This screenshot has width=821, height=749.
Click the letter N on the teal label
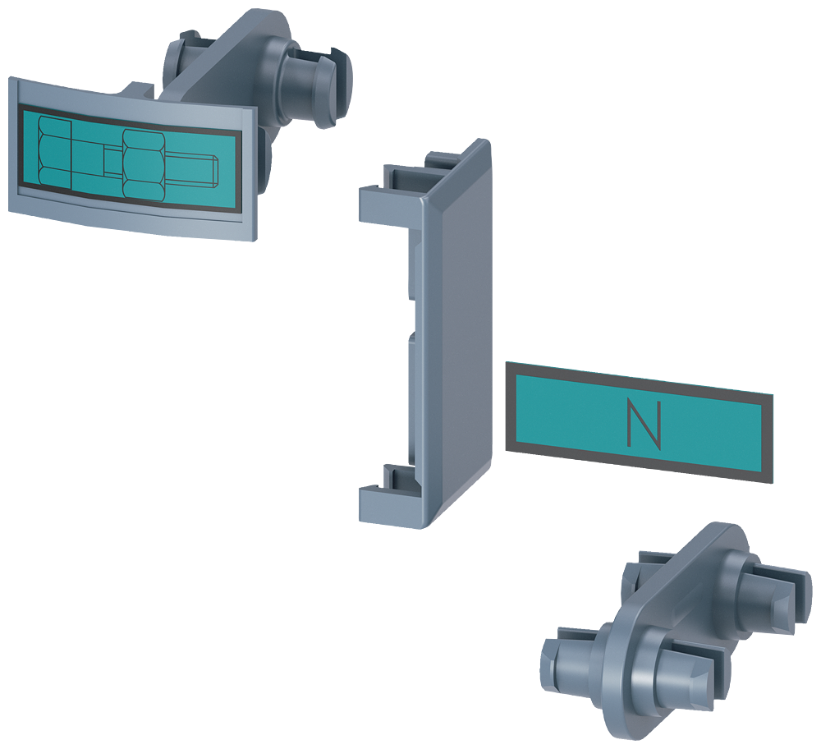tap(644, 425)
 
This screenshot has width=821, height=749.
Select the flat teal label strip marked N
tap(640, 422)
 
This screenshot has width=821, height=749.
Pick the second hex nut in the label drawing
tap(144, 163)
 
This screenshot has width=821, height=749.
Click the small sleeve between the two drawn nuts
tap(112, 160)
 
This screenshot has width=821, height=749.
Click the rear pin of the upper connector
tap(182, 58)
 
